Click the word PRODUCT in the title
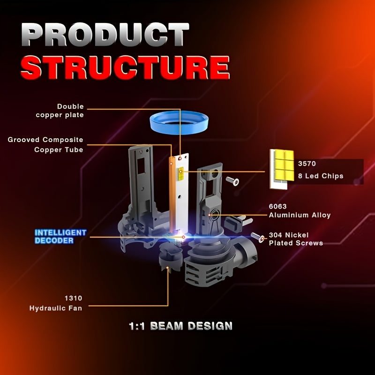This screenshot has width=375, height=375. [105, 34]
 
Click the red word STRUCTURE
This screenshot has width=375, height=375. [125, 67]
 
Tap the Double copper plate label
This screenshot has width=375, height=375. [60, 111]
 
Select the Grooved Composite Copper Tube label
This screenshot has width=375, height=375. [45, 145]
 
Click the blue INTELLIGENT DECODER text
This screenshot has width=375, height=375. [60, 236]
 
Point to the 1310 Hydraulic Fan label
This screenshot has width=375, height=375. [56, 303]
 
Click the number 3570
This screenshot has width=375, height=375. [307, 164]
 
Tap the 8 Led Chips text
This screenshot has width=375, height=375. [321, 176]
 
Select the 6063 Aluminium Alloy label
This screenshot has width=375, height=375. [300, 210]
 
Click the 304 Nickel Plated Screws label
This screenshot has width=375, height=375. [296, 239]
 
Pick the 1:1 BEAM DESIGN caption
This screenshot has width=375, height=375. [180, 326]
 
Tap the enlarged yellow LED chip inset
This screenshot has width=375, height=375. [282, 169]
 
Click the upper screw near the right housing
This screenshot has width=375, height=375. [232, 181]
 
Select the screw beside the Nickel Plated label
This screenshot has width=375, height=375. [257, 237]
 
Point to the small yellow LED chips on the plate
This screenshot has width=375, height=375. [181, 173]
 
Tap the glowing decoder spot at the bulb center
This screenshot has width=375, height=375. [183, 237]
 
